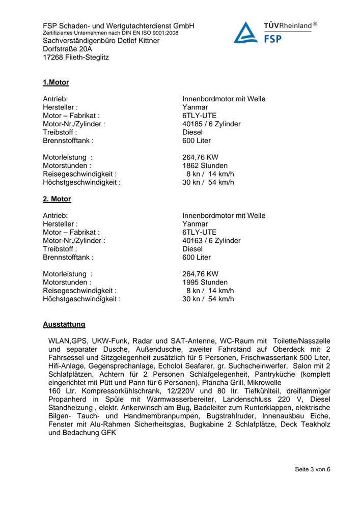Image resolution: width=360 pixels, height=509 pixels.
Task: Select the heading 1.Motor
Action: click(56, 82)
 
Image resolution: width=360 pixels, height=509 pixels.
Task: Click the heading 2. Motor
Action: click(57, 199)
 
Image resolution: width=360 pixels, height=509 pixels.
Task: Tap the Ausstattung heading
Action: click(64, 324)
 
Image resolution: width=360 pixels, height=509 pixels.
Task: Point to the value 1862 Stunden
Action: click(205, 165)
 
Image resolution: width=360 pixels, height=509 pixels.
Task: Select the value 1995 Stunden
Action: click(205, 282)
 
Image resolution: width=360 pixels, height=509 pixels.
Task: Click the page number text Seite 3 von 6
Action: click(313, 469)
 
